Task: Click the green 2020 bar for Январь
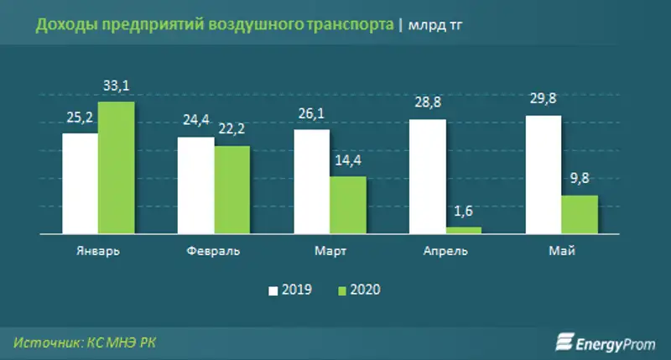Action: pos(116,168)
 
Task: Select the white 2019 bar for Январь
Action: pos(80,183)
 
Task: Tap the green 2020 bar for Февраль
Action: pos(231,190)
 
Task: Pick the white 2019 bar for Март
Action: pos(310,180)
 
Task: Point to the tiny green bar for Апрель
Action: pos(463,229)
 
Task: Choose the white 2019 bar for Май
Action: pos(543,174)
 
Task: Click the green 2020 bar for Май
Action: pos(579,214)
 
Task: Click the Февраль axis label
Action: pos(214,252)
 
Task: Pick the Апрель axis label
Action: pos(445,252)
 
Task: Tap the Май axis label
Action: pos(561,252)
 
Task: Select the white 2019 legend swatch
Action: pos(273,290)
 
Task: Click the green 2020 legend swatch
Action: pos(342,290)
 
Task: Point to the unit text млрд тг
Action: pos(437,26)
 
